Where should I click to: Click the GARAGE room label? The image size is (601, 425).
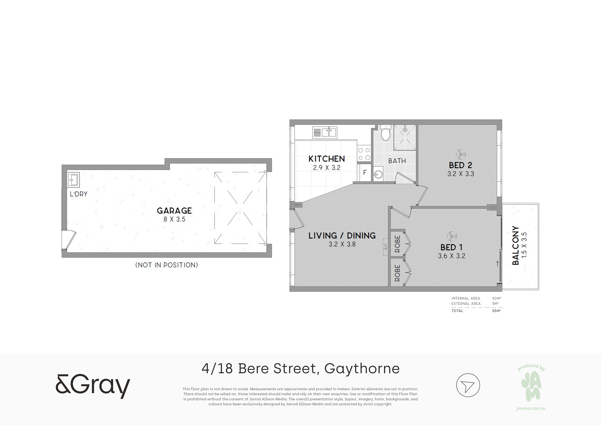[x=174, y=211]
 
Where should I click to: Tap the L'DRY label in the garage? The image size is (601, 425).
[x=78, y=194]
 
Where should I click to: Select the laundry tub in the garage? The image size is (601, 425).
[x=73, y=180]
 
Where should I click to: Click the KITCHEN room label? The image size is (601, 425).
[x=327, y=159]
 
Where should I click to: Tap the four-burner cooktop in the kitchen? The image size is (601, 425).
[x=364, y=154]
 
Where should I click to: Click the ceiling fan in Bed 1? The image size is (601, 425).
[x=452, y=236]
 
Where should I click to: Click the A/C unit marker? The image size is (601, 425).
[x=385, y=247]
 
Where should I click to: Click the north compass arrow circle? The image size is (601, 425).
[x=468, y=385]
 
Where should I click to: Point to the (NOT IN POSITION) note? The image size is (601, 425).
[x=167, y=265]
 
